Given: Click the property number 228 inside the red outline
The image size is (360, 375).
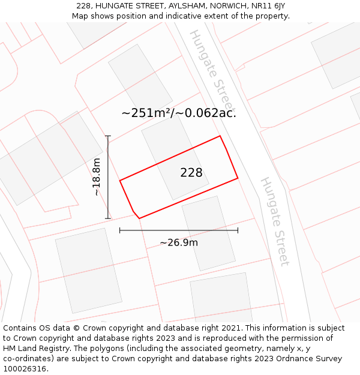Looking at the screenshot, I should coord(191,173).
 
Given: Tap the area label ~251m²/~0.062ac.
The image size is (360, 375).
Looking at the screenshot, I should coord(179,113).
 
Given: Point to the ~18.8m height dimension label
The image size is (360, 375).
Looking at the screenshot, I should coord(97,177).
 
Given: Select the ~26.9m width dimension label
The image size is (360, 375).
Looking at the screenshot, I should coord(179,242).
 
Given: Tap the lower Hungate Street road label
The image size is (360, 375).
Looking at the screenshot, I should coord(275,221).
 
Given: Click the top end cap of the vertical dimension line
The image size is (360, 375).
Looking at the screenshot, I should coord(108,136).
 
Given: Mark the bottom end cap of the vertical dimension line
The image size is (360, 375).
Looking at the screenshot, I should coord(108,218).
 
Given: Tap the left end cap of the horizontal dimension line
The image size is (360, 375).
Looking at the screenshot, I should coord(120,230).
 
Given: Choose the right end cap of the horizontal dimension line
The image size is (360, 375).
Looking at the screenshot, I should coord(238,230).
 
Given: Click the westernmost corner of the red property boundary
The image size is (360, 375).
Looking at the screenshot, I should coord(120,180).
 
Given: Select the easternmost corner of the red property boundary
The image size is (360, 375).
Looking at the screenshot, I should coord(238,178).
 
